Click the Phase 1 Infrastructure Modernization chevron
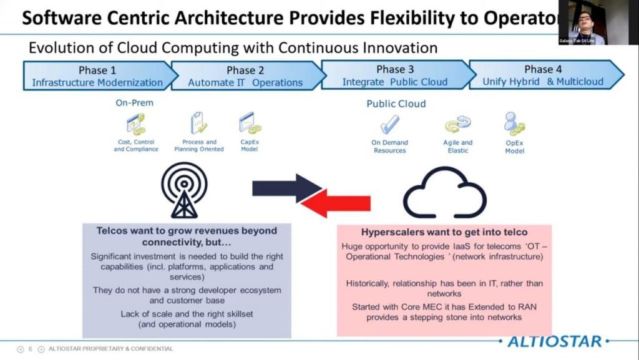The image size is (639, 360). pyautogui.click(x=97, y=75)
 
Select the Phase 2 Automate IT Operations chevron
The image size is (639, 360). pyautogui.click(x=245, y=75)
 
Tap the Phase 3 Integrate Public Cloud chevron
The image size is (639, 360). pyautogui.click(x=394, y=75)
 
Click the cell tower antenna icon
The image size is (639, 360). pyautogui.click(x=184, y=190)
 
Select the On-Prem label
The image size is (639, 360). pyautogui.click(x=134, y=103)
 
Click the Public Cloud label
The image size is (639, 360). pyautogui.click(x=396, y=104)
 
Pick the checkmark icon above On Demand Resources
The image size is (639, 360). pyautogui.click(x=390, y=124)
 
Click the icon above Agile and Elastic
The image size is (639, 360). pyautogui.click(x=457, y=125)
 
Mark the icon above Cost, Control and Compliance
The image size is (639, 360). pyautogui.click(x=135, y=124)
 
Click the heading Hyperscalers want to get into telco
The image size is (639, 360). pyautogui.click(x=435, y=232)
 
